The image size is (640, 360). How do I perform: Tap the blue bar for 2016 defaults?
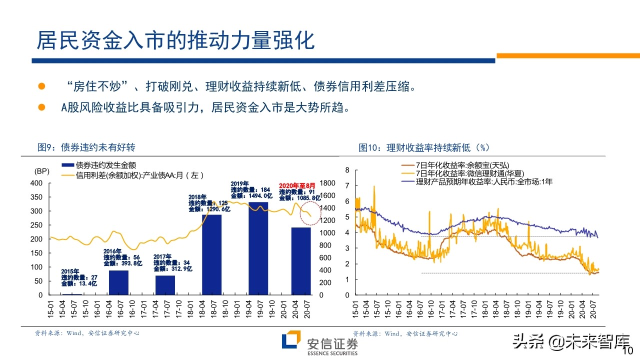point(118,282)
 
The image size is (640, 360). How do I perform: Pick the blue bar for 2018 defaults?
point(211,254)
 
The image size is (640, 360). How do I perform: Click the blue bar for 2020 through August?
point(300,260)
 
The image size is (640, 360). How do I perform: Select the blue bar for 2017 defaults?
point(165,285)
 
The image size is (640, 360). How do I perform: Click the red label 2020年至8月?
point(297,185)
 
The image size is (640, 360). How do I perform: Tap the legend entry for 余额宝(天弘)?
point(455,165)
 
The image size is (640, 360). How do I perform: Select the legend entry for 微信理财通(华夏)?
point(462,173)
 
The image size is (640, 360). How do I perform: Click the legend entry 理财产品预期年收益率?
point(475,182)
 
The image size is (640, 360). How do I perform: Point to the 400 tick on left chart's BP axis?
point(37,183)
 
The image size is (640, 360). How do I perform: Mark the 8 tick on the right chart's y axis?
point(347,170)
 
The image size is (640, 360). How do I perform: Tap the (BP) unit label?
point(41,171)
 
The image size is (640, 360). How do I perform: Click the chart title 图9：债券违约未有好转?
point(86,147)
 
